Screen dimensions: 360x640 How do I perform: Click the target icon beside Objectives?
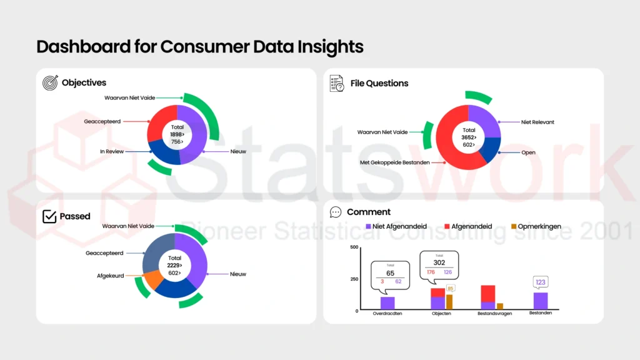click(x=50, y=82)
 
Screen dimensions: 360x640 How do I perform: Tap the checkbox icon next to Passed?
click(x=49, y=216)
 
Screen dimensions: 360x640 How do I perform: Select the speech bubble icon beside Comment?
click(x=336, y=212)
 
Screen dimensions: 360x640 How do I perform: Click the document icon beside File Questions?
click(x=337, y=83)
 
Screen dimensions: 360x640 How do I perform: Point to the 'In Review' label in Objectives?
click(x=112, y=151)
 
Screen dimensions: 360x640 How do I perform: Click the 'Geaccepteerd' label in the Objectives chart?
click(x=102, y=122)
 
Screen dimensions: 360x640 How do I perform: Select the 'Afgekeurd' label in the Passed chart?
click(x=111, y=275)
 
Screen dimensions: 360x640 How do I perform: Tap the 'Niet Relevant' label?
click(x=537, y=122)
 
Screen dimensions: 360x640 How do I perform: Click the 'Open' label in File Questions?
click(x=528, y=152)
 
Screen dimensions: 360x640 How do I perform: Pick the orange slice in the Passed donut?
click(x=153, y=279)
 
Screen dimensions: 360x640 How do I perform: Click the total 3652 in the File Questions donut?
click(x=468, y=137)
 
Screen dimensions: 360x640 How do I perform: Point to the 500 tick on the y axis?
click(x=354, y=247)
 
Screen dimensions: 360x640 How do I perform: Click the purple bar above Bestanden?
click(x=541, y=301)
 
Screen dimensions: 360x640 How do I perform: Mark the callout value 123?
click(x=541, y=282)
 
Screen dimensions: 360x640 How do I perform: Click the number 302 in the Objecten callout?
click(x=439, y=262)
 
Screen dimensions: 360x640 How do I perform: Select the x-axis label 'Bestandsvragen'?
click(x=494, y=314)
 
